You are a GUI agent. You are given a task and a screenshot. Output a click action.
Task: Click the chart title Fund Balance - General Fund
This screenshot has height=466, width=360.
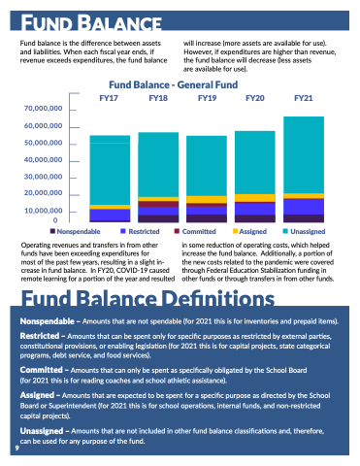pyautogui.click(x=174, y=84)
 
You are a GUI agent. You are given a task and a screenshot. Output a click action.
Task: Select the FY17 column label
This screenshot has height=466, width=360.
pyautogui.click(x=109, y=98)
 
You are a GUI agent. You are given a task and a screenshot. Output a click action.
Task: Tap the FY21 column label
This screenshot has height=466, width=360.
pyautogui.click(x=304, y=98)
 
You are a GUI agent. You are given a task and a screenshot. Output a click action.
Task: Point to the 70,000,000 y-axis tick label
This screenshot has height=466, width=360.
pyautogui.click(x=43, y=109)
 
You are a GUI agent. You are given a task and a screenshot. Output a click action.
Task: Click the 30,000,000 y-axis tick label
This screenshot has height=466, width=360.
pyautogui.click(x=43, y=177)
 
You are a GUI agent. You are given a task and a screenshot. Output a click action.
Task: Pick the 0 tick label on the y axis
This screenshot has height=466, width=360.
pyautogui.click(x=55, y=220)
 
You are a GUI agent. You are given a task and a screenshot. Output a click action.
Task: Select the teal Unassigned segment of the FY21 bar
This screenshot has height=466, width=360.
pyautogui.click(x=304, y=155)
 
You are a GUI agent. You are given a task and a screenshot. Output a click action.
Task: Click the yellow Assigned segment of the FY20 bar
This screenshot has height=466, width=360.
pyautogui.click(x=255, y=198)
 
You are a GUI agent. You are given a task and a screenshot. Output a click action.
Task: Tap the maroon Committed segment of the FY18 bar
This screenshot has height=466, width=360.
pyautogui.click(x=158, y=204)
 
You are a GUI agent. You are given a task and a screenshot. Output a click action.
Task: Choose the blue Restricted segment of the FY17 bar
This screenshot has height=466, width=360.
pyautogui.click(x=110, y=215)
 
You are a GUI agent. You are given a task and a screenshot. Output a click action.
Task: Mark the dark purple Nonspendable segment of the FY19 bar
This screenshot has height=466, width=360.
pyautogui.click(x=207, y=218)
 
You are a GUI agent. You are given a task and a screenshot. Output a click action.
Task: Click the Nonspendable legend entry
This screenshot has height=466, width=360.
pyautogui.click(x=75, y=231)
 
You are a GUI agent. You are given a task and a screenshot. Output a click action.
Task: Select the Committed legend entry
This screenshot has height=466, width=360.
pyautogui.click(x=195, y=231)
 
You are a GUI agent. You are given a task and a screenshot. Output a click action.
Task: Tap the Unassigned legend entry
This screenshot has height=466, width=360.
pyautogui.click(x=304, y=231)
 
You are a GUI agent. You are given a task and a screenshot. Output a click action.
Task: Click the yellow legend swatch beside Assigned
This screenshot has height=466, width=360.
pyautogui.click(x=236, y=231)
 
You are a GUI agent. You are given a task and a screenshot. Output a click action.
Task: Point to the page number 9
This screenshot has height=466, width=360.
pyautogui.click(x=17, y=448)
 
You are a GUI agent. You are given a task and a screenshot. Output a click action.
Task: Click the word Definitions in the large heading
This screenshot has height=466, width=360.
pyautogui.click(x=218, y=298)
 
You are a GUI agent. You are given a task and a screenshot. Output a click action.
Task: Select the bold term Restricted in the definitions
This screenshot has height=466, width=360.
pyautogui.click(x=40, y=336)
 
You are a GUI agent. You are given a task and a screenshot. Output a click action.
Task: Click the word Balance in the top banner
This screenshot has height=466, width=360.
pyautogui.click(x=120, y=23)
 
